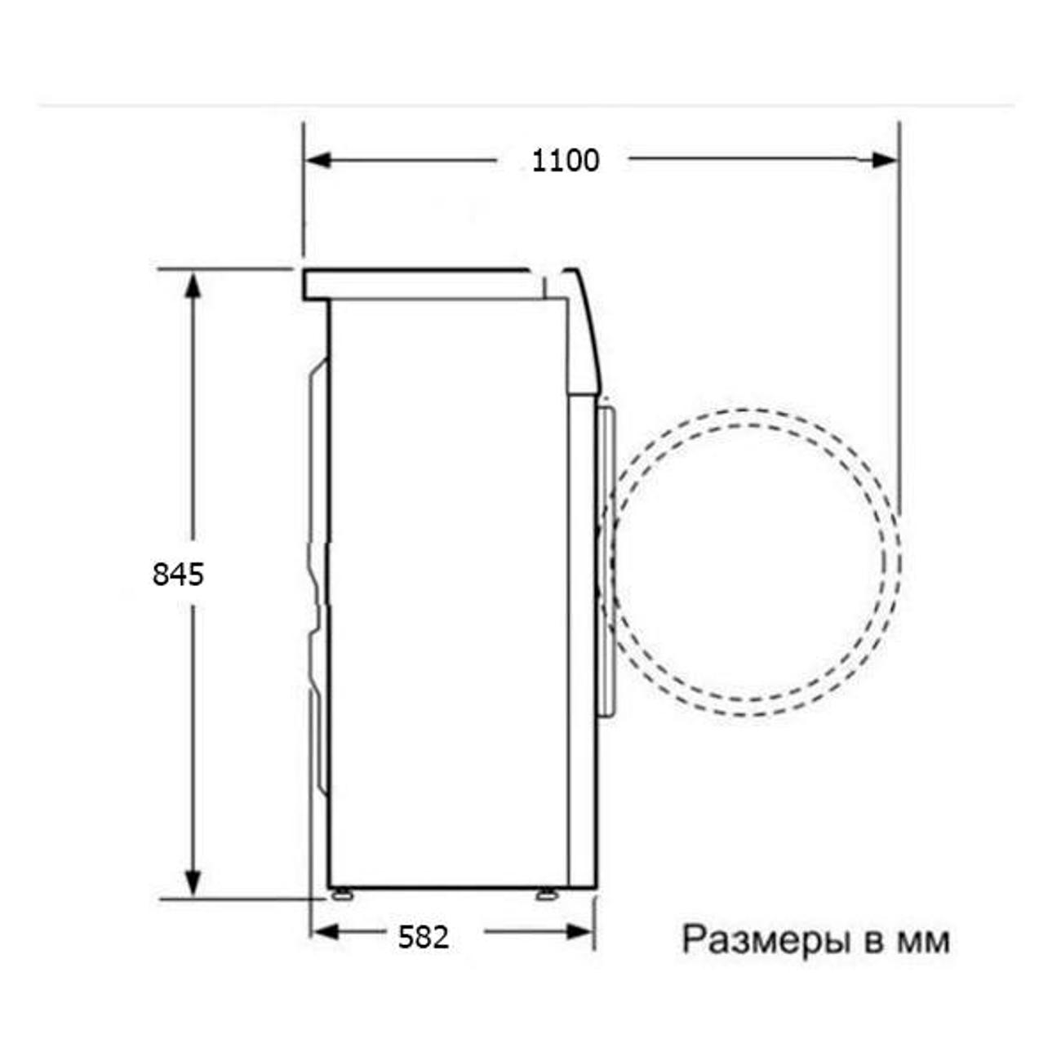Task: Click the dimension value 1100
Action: tap(565, 162)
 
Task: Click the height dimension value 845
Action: tap(178, 575)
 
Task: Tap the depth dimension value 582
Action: tap(424, 937)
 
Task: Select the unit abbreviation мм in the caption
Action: tap(923, 942)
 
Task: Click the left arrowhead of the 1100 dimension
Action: tap(318, 160)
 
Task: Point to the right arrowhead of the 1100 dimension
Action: tap(886, 161)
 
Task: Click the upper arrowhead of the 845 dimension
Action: tap(192, 285)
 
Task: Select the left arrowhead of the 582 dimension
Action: tap(324, 932)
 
